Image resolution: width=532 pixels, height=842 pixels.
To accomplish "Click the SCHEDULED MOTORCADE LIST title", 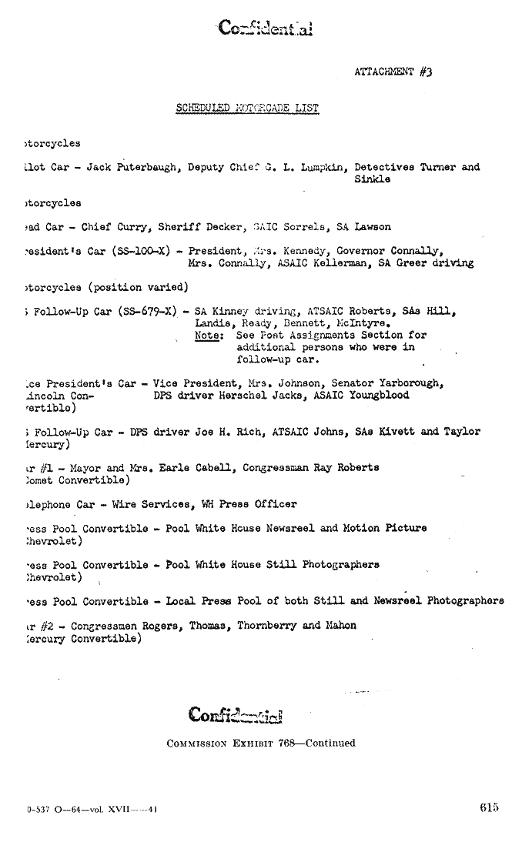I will [x=247, y=108].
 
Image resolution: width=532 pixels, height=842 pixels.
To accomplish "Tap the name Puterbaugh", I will [x=149, y=167].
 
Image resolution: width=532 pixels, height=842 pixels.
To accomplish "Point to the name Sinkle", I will [x=372, y=179].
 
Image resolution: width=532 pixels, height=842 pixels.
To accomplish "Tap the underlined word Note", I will [x=206, y=336].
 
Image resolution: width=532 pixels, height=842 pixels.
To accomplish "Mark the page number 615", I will [x=488, y=807].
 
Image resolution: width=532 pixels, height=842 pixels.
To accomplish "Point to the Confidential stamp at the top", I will [x=264, y=28].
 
